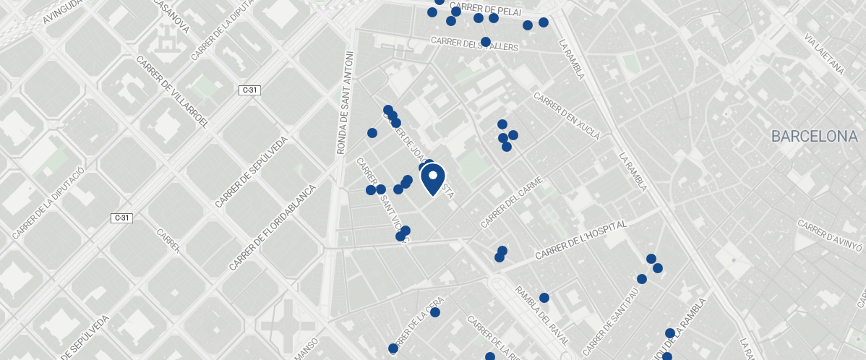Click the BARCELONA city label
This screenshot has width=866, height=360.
pos(814,136)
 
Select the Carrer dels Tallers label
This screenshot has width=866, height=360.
pos(475,44)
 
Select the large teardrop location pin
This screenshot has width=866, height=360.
pos(432,179)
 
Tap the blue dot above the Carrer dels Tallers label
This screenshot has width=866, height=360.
pos(486,41)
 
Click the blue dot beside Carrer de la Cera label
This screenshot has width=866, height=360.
pos(435,312)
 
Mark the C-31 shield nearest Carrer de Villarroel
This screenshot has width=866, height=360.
pos(249,90)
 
